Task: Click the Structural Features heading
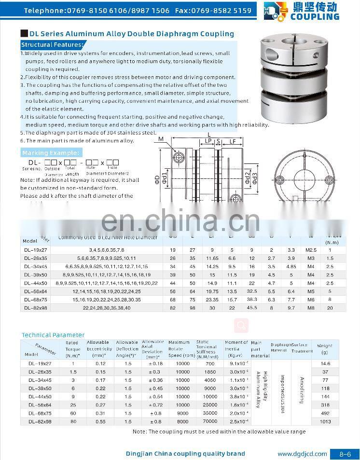[x=52, y=45]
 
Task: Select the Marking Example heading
[x=51, y=153]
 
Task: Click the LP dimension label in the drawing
[x=208, y=141]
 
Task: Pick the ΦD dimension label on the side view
[x=157, y=179]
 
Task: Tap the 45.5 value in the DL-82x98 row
[x=251, y=308]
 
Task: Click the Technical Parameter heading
[x=53, y=335]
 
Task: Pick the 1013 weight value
[x=325, y=421]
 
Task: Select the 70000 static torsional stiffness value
[x=209, y=421]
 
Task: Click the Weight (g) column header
[x=325, y=348]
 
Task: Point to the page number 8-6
[x=345, y=454]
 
